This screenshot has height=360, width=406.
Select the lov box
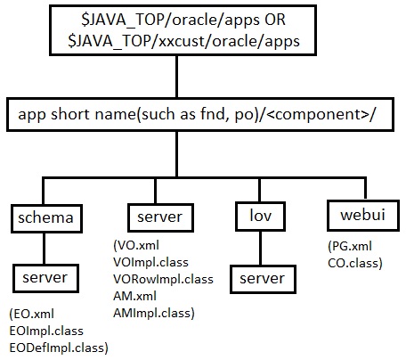253,218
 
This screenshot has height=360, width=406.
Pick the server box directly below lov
253,280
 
